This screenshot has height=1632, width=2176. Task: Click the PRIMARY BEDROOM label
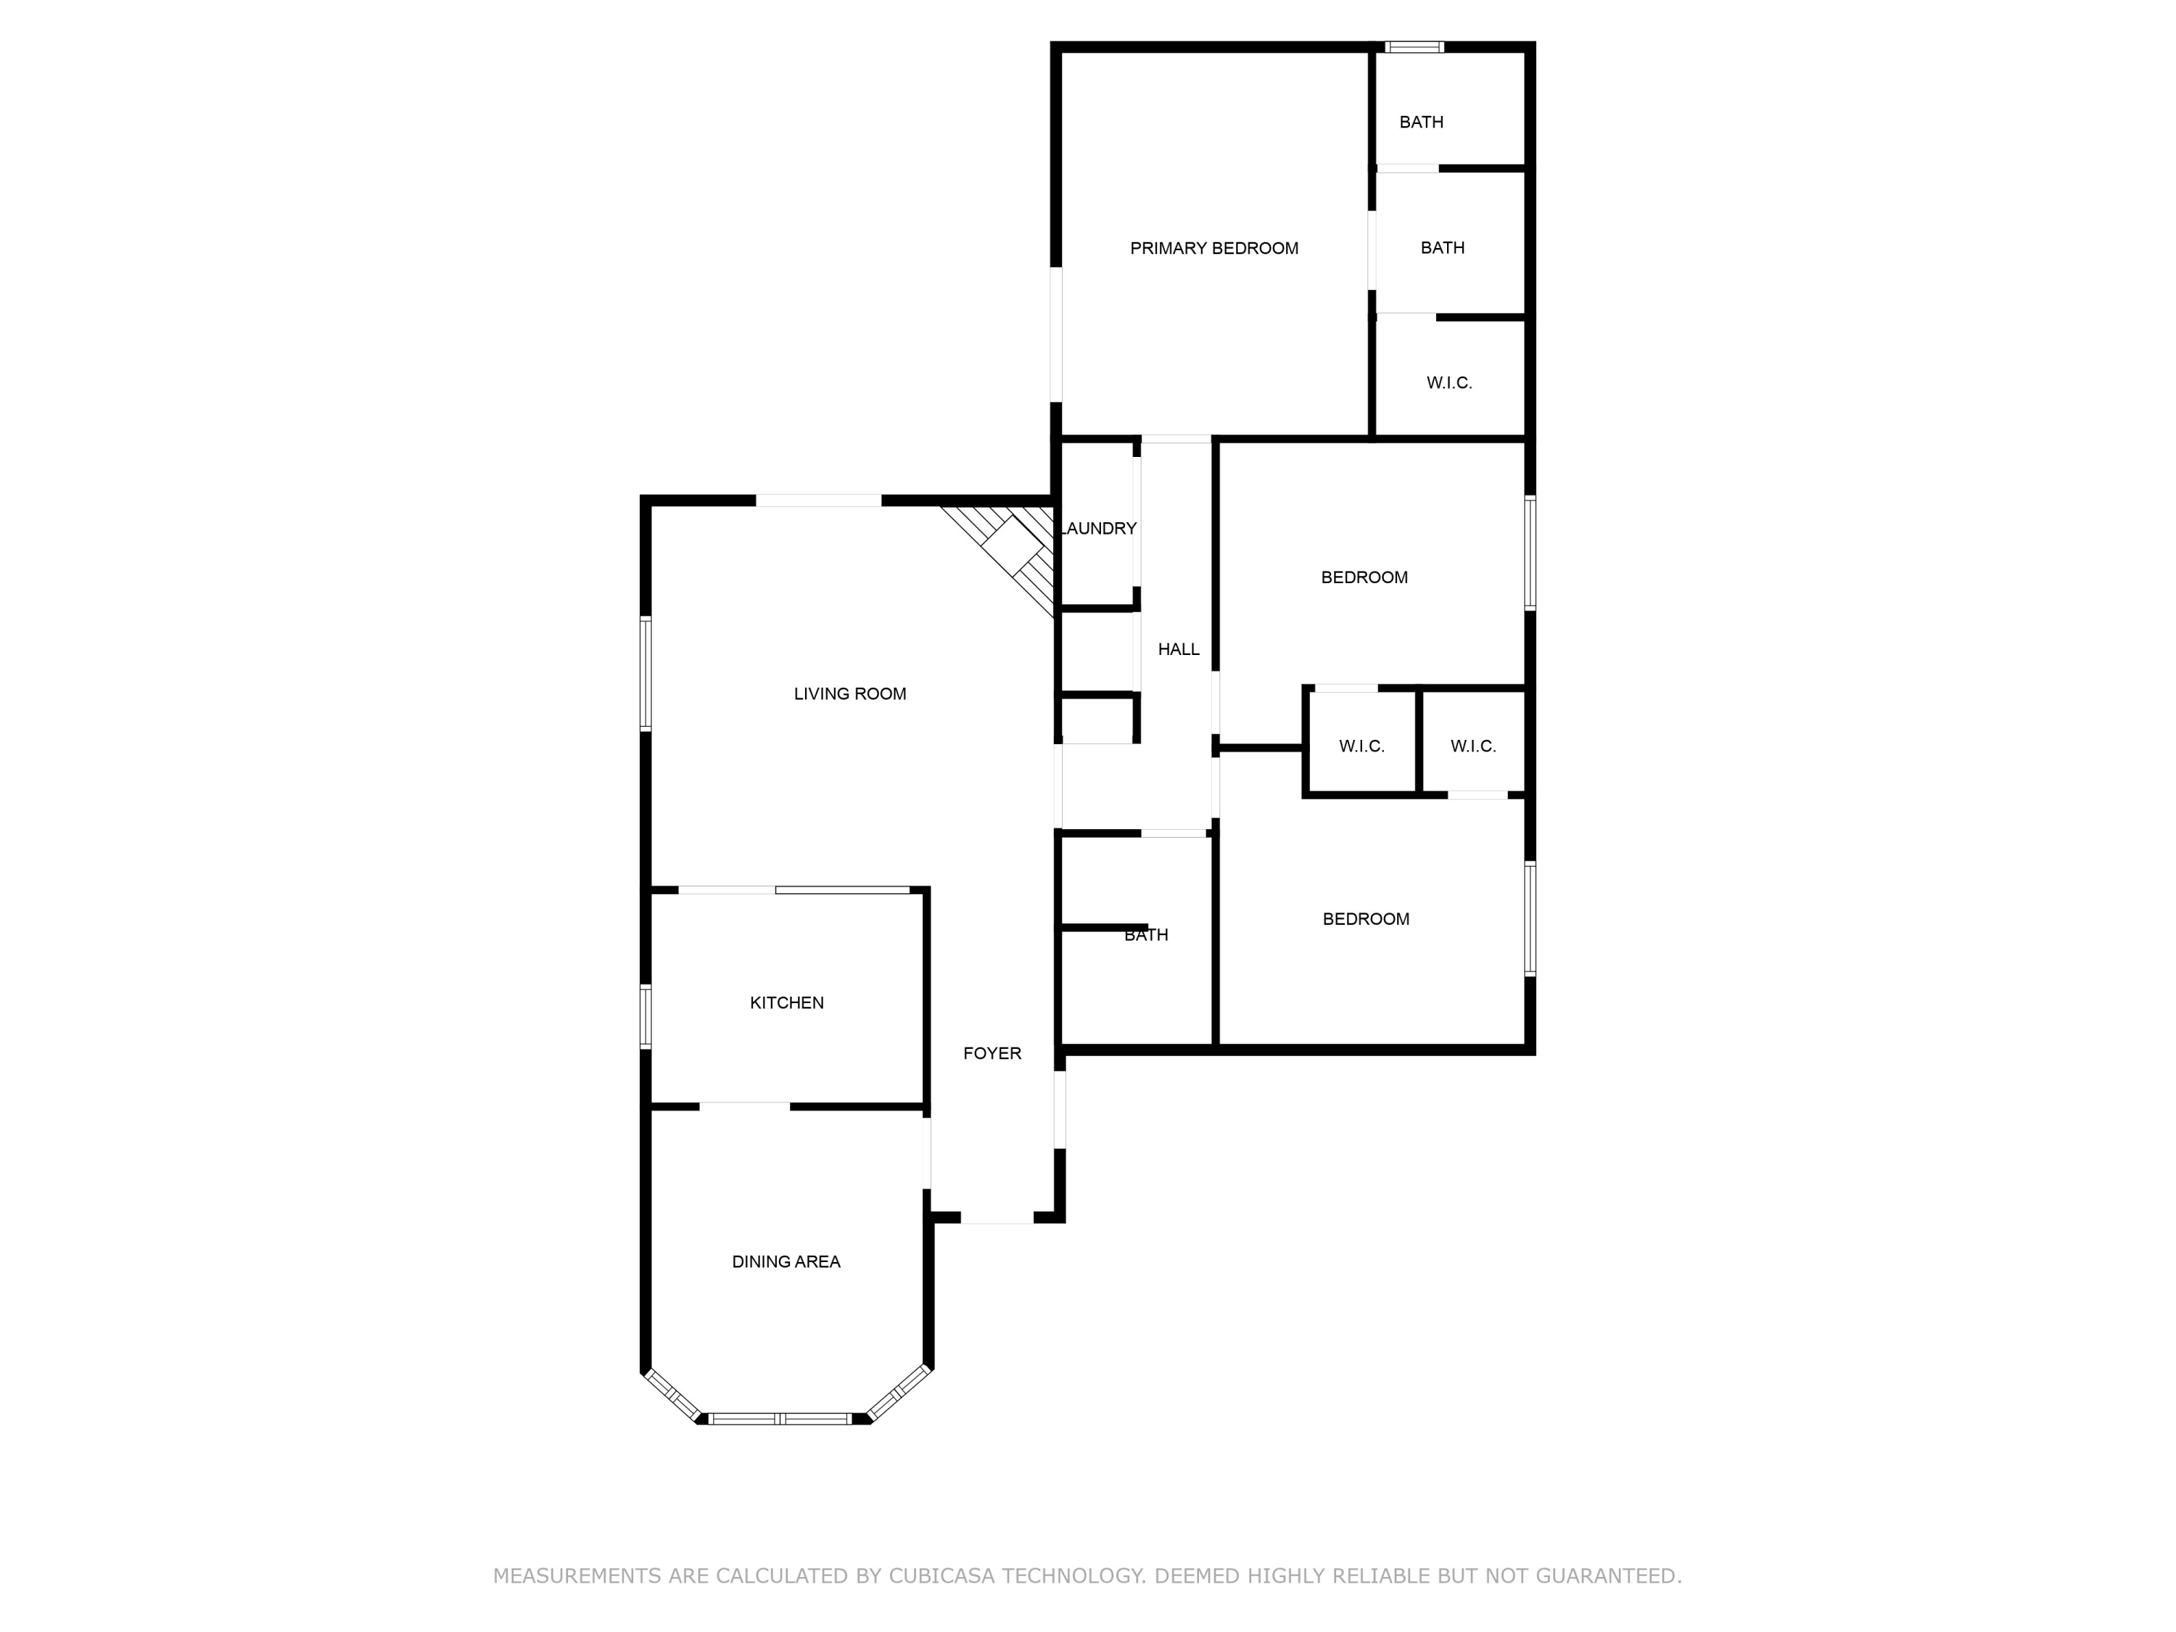1214,249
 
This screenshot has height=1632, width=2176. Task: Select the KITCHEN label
787,1003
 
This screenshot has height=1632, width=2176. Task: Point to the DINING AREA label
786,1262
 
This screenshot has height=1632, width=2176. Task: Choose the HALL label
1179,649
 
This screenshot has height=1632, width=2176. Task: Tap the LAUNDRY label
1099,528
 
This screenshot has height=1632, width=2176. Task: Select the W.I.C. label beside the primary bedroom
1449,383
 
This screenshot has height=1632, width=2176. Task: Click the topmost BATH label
1422,122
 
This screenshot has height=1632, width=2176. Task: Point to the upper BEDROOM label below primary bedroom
1364,577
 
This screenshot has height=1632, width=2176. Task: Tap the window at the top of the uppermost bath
1414,46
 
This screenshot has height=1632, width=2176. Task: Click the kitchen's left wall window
646,1016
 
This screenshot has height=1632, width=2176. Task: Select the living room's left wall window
646,674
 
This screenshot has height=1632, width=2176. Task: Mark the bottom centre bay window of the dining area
780,1419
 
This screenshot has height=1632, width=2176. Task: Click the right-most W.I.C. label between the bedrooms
1474,746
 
